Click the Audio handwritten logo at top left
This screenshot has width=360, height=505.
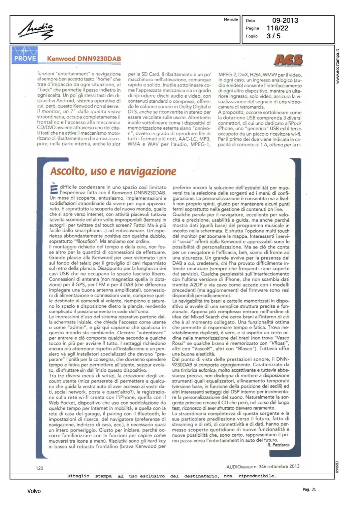36,30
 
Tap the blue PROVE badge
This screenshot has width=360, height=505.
25,55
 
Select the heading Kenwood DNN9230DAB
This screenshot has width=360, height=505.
84,59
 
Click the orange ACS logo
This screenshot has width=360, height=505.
288,60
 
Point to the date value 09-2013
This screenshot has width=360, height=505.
285,21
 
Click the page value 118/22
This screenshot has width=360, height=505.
277,28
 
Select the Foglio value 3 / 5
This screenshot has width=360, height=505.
273,36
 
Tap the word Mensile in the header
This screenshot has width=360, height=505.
231,20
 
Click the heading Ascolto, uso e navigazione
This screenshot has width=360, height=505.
113,171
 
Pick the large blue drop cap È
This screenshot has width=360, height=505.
54,189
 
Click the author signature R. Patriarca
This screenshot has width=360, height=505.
279,445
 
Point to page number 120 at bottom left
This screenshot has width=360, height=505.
39,468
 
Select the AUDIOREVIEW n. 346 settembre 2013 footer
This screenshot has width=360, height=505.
263,467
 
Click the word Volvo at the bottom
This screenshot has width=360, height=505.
34,491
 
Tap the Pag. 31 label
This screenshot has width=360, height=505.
309,489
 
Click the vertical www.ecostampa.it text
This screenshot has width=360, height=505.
337,66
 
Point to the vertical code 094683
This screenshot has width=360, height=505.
337,467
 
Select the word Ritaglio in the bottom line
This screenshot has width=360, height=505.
78,476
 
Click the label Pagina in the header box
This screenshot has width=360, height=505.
252,28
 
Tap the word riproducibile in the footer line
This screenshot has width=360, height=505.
257,476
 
